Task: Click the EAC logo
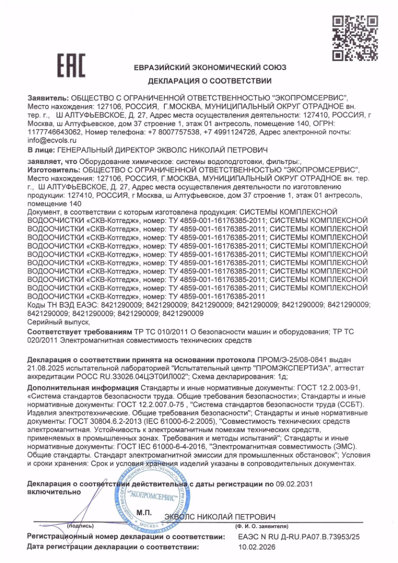[71, 65]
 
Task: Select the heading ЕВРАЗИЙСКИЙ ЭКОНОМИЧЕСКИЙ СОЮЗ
[210, 67]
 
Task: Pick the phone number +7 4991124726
[230, 132]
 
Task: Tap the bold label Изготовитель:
[52, 170]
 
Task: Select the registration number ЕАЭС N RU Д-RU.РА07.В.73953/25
[299, 537]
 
